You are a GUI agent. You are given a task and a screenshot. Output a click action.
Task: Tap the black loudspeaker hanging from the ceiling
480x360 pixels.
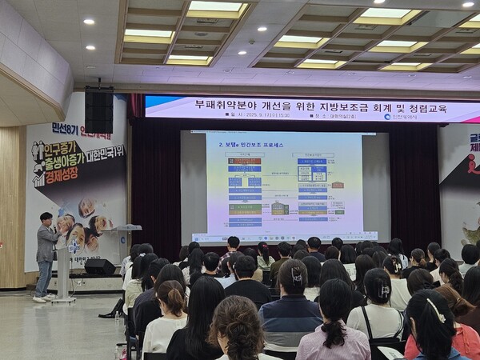[98, 110]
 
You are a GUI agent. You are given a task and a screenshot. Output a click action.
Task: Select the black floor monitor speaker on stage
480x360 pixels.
[100, 267]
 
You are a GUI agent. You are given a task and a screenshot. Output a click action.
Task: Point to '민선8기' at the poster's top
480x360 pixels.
[68, 127]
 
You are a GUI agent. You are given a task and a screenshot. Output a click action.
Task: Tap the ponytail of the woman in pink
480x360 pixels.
[334, 328]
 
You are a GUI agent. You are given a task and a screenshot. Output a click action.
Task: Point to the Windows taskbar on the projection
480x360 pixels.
[284, 238]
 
